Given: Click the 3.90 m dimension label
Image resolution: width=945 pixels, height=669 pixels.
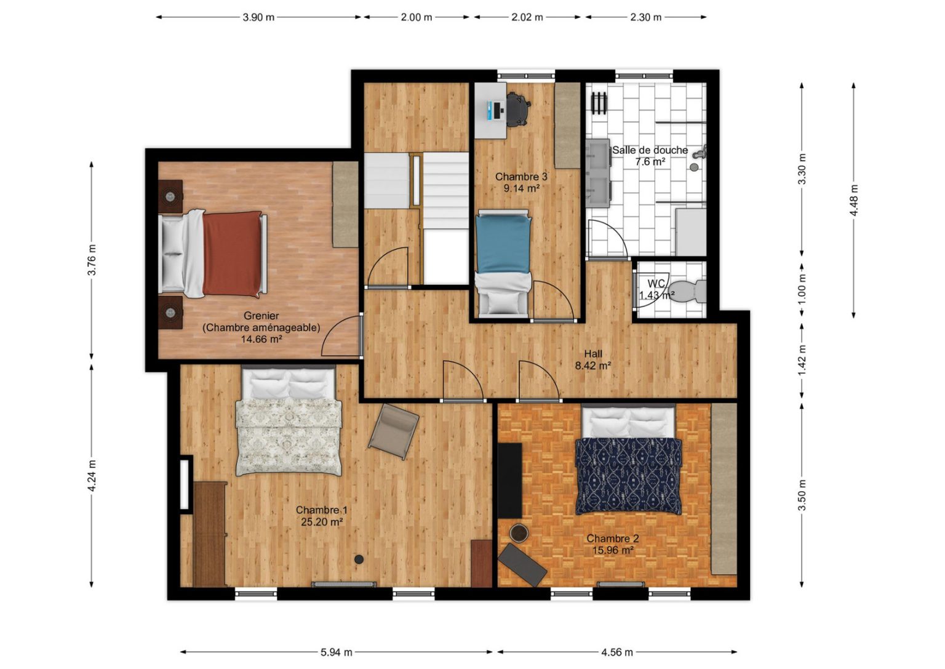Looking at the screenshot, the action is (258, 17).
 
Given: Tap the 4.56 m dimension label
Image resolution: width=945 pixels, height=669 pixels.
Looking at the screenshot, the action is (617, 652).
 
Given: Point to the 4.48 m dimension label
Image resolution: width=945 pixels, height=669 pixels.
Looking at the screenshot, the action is (853, 200).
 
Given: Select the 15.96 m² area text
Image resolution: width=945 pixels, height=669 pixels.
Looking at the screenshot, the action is (613, 550).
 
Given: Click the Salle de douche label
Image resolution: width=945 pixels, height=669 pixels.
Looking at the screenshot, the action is (650, 150).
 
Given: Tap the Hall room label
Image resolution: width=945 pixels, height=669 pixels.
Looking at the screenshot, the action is (592, 354).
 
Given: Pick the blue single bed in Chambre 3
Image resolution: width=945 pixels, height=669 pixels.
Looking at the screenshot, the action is (503, 262).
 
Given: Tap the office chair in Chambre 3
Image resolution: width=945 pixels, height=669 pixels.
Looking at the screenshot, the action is (517, 109).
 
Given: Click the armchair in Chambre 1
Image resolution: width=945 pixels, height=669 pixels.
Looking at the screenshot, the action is (393, 431).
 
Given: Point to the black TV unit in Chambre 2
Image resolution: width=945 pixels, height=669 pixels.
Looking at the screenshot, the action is (509, 480).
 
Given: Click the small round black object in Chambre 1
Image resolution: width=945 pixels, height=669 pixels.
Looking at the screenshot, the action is (359, 559).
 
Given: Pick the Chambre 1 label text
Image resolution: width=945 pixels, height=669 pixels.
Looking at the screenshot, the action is (322, 510).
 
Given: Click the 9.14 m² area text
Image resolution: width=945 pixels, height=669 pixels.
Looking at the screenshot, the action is (522, 188).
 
